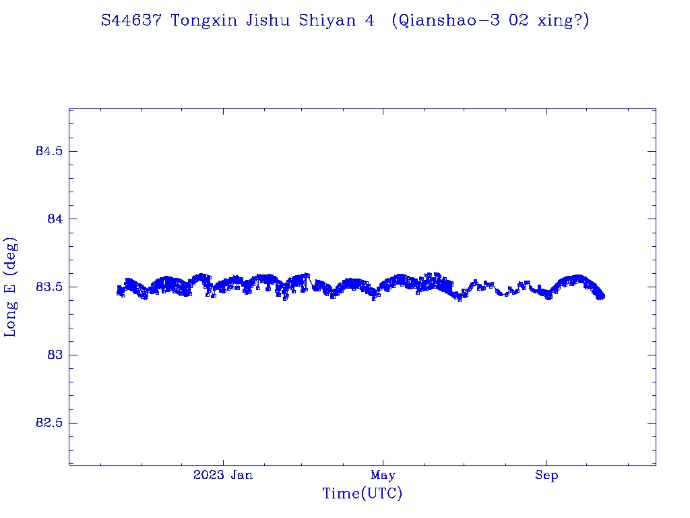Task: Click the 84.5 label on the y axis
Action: [49, 151]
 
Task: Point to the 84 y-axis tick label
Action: [55, 219]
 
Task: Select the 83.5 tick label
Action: [49, 287]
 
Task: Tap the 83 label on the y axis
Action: [55, 355]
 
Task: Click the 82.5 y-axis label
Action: [49, 424]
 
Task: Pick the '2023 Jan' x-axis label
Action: [223, 476]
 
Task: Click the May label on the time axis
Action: [383, 476]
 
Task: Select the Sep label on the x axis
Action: [546, 476]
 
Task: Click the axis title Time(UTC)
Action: [362, 494]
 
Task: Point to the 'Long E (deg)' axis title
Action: [11, 287]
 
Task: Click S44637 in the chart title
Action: [131, 21]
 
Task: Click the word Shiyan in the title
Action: [328, 21]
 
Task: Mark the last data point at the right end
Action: [602, 296]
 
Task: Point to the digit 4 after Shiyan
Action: [369, 21]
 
